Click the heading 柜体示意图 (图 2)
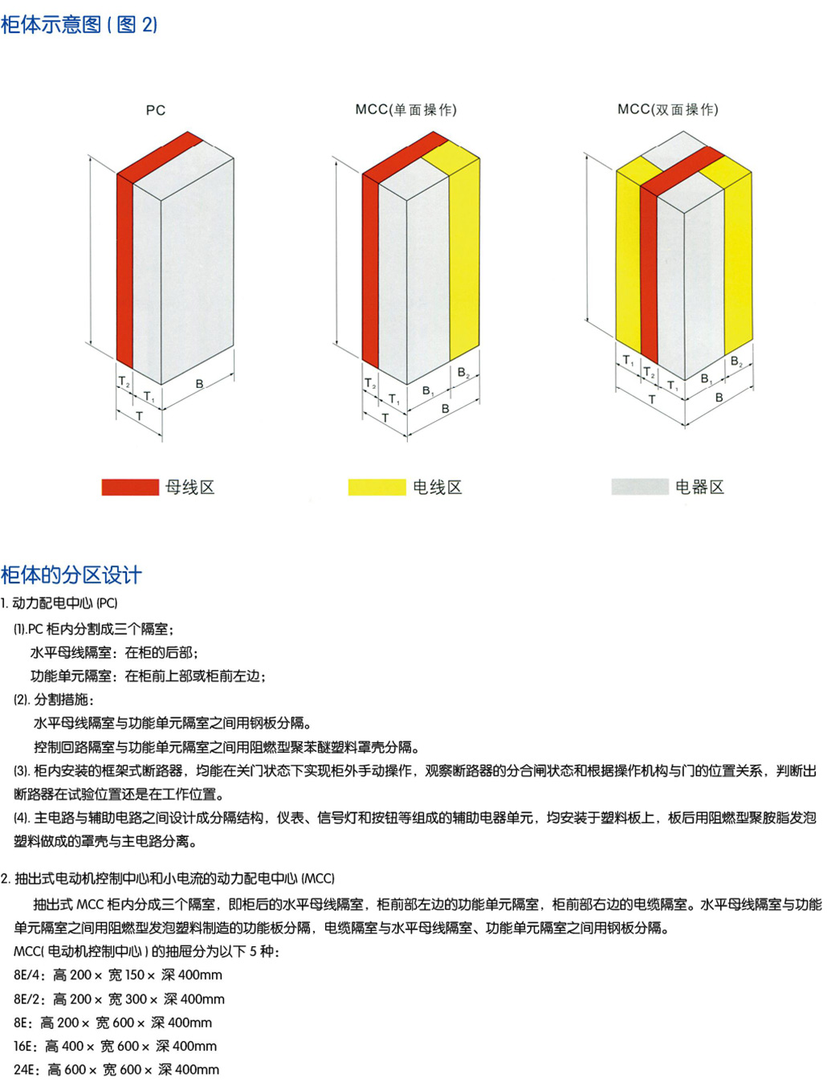pos(79,25)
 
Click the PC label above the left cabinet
pos(156,110)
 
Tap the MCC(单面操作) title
pos(405,109)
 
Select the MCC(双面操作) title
pos(667,109)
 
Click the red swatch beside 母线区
pos(130,487)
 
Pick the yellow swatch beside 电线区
pos(377,487)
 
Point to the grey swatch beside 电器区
pos(639,486)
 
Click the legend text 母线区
pos(190,487)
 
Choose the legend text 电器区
pos(699,487)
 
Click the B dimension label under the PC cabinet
pos(199,384)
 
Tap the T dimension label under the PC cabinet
pos(139,416)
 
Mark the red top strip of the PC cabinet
pos(161,153)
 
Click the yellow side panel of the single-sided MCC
pos(463,257)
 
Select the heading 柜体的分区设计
pos(71,575)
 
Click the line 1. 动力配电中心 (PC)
pos(59,603)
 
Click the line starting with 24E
pos(116,1070)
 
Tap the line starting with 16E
pos(115,1046)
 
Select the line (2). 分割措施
pos(54,699)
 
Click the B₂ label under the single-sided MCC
pos(463,373)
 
